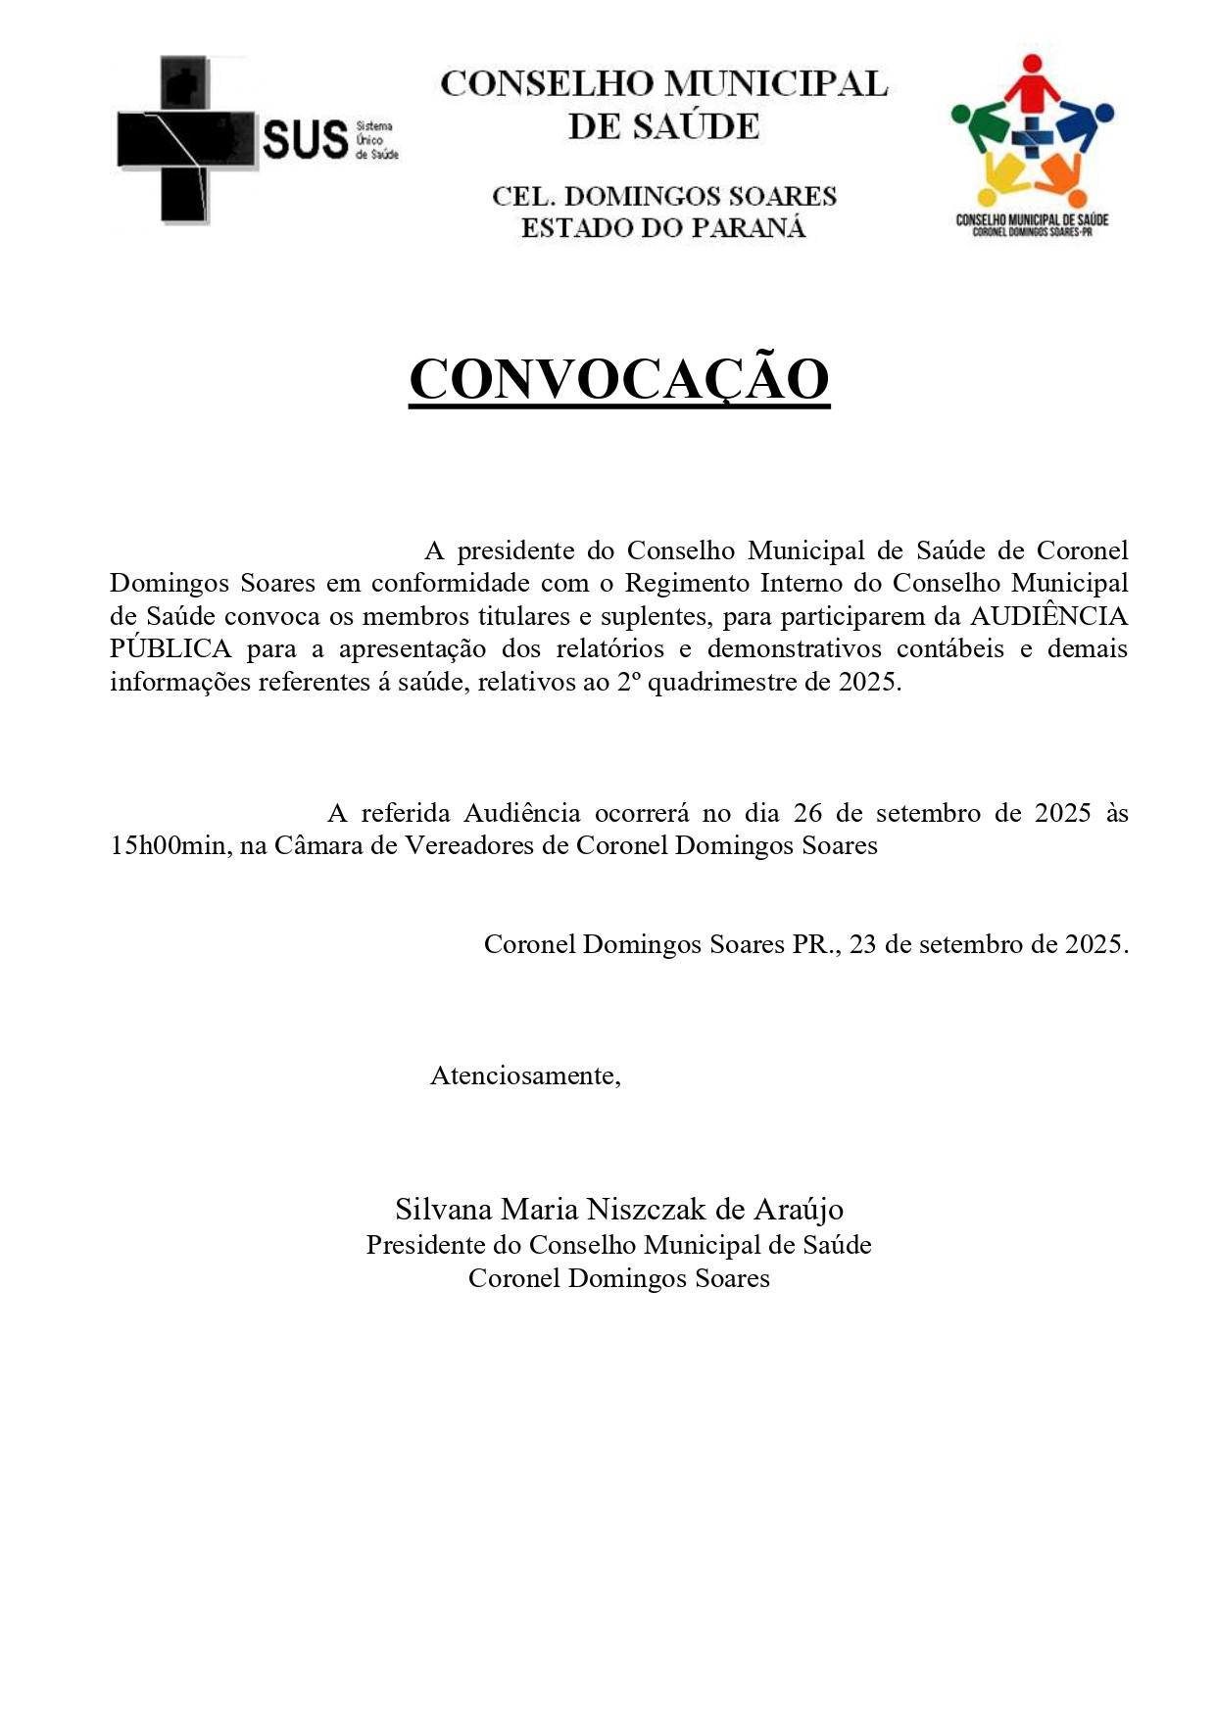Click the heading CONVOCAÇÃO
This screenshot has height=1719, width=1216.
[618, 379]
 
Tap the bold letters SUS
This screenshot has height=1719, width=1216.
[306, 140]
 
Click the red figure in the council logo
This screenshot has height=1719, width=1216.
[1031, 82]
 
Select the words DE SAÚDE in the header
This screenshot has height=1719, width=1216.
[663, 126]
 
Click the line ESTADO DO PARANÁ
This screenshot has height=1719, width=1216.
[663, 228]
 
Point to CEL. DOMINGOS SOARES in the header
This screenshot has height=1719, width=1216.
[663, 196]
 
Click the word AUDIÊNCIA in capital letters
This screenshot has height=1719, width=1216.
[1048, 616]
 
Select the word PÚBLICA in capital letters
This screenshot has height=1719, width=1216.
[170, 649]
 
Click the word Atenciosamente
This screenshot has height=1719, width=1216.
[525, 1075]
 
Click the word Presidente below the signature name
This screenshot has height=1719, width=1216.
[425, 1245]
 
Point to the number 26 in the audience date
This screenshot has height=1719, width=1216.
[807, 813]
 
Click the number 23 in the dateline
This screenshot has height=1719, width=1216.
[863, 944]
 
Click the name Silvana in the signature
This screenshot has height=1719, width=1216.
[443, 1210]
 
